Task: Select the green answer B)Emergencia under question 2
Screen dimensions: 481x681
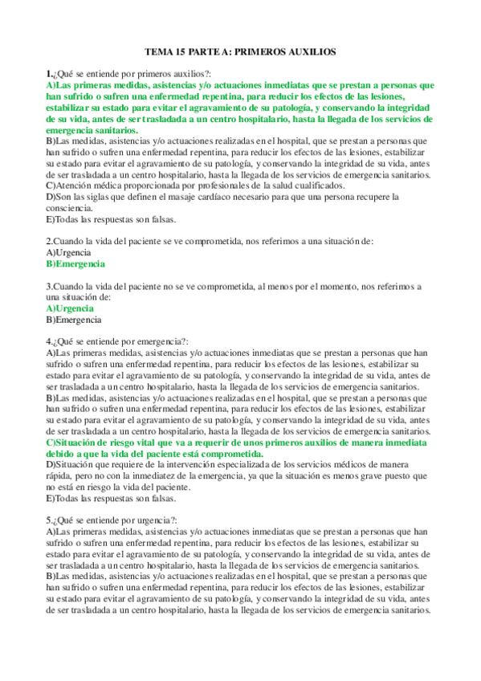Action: pos(75,263)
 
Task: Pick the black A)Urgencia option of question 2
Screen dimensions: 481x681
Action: pos(69,252)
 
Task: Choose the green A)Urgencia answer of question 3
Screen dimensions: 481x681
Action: pos(70,308)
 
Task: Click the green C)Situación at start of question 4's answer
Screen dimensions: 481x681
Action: pos(75,442)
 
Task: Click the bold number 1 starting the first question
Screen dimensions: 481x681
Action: pos(48,74)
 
